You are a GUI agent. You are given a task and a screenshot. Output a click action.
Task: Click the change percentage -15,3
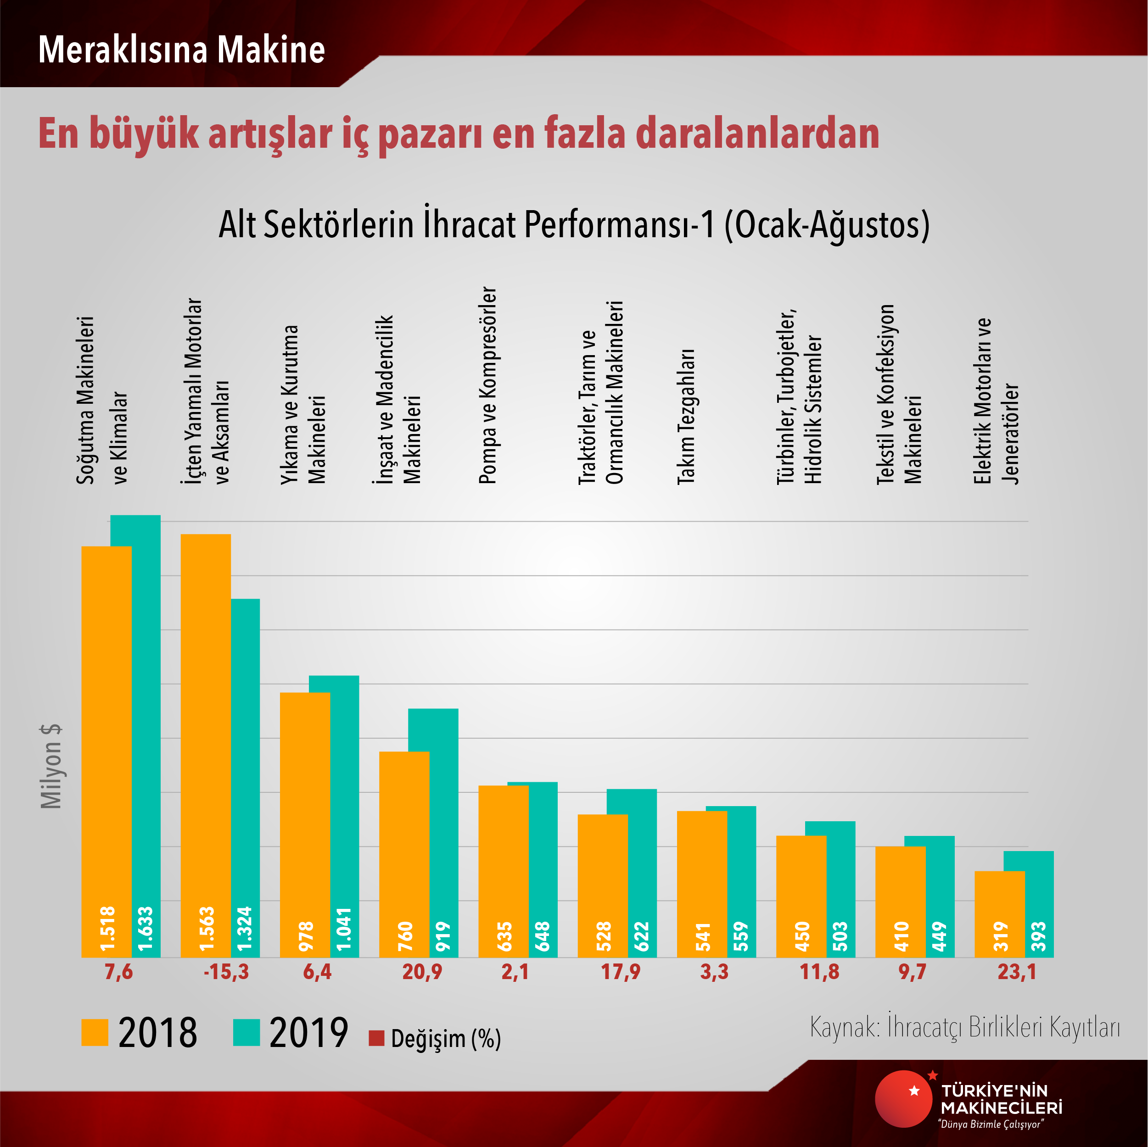pyautogui.click(x=226, y=972)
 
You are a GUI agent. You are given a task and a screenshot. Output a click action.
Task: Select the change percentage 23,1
pyautogui.click(x=1017, y=972)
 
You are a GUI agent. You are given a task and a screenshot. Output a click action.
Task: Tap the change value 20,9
pyautogui.click(x=422, y=972)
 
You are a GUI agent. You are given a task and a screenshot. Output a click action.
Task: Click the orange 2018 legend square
pyautogui.click(x=95, y=1032)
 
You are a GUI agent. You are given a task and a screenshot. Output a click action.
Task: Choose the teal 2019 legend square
pyautogui.click(x=246, y=1032)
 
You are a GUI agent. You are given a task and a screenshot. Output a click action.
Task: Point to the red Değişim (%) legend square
pyautogui.click(x=376, y=1038)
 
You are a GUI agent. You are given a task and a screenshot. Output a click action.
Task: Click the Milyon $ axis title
pyautogui.click(x=51, y=766)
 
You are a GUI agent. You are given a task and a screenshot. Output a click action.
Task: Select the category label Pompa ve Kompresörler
pyautogui.click(x=488, y=386)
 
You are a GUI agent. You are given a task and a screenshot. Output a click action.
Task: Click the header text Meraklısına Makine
pyautogui.click(x=181, y=49)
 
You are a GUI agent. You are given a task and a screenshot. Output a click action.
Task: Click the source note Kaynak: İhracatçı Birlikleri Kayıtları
pyautogui.click(x=964, y=1027)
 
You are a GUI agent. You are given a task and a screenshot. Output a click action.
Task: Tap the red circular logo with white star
pyautogui.click(x=904, y=1099)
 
